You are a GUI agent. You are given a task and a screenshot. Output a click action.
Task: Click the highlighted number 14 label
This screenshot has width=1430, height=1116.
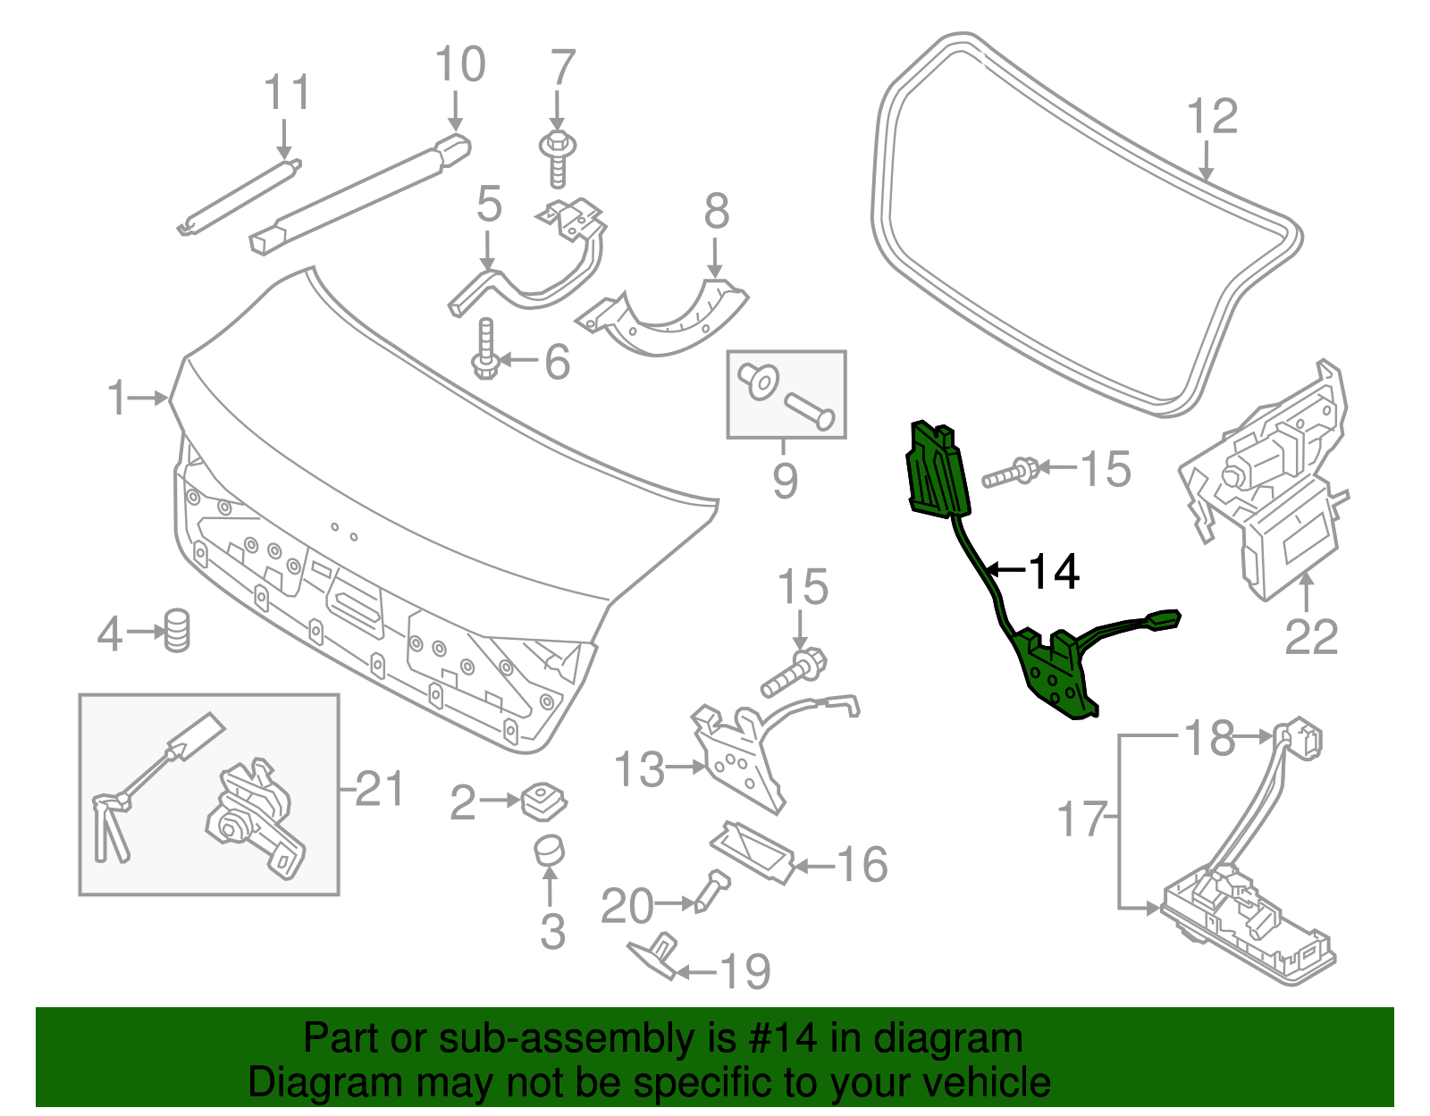[1055, 572]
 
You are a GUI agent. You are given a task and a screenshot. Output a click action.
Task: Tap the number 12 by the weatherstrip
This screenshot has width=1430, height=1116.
[1212, 117]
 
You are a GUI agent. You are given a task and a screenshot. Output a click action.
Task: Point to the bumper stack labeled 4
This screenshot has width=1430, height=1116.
[178, 631]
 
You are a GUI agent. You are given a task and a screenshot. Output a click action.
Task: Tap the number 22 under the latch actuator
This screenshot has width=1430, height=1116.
[1311, 637]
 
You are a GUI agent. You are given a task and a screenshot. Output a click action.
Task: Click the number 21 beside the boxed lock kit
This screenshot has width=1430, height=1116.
[379, 789]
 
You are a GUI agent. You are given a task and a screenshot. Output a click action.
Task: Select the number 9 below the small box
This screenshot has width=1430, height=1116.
[785, 481]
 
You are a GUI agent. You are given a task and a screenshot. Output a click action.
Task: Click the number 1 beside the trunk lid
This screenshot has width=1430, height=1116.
[117, 398]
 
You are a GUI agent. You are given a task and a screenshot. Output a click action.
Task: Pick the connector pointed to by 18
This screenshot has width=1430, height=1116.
[1302, 739]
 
